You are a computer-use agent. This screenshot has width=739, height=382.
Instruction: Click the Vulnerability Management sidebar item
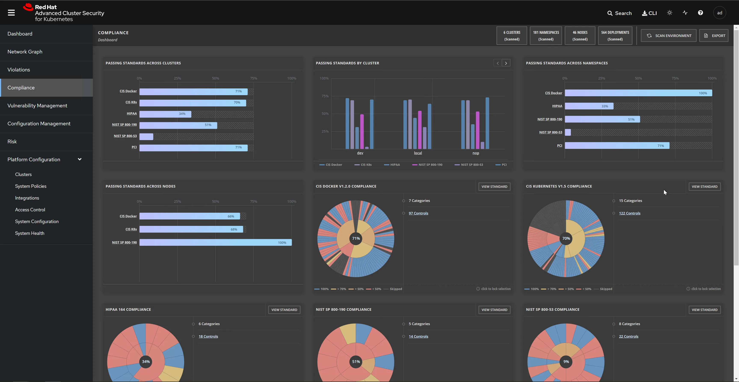point(37,105)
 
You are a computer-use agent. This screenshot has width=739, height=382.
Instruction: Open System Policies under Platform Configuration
point(31,186)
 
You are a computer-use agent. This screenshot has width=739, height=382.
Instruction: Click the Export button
point(714,36)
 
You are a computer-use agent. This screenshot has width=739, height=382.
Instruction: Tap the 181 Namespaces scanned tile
point(546,36)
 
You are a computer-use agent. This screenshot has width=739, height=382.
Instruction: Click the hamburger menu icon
point(11,13)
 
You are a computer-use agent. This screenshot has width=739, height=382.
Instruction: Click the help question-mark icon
point(700,13)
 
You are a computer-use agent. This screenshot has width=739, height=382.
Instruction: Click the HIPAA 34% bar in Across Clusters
point(165,114)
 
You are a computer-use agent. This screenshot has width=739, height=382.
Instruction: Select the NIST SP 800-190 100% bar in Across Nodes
point(215,243)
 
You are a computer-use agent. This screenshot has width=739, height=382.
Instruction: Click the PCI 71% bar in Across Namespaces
point(617,146)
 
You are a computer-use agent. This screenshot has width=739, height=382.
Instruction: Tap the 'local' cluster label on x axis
point(418,153)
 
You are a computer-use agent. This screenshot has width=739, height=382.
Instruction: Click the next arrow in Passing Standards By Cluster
point(506,63)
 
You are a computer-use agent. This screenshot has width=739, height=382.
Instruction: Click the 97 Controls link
point(418,213)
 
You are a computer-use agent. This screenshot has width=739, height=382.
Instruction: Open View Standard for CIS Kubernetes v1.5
point(704,187)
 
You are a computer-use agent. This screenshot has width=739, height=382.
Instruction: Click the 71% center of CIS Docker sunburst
point(356,238)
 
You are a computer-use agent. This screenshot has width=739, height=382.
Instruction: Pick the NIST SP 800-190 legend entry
point(430,165)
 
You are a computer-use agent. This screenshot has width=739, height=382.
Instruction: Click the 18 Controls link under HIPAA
point(208,336)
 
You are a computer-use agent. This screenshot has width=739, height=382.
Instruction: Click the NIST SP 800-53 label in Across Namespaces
point(551,132)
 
